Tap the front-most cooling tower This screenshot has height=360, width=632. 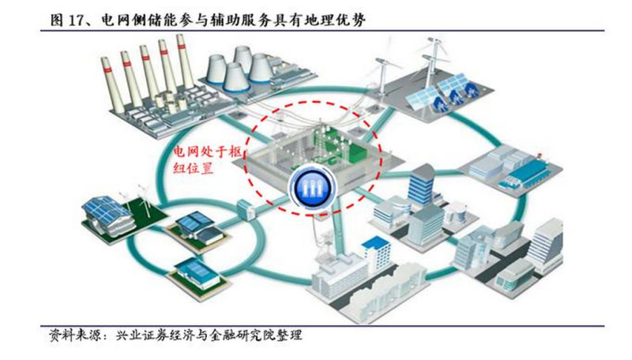tap(235, 77)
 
